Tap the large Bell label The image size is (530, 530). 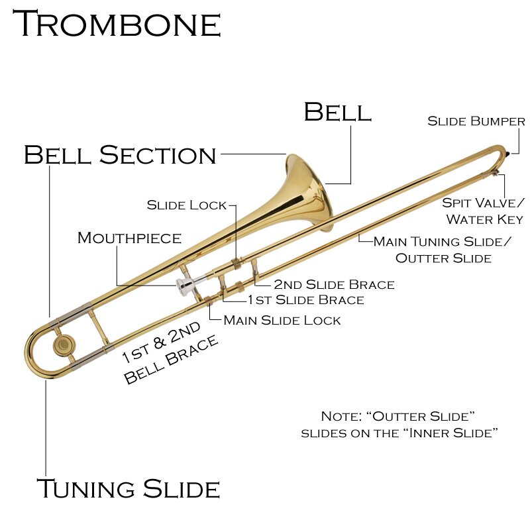click(x=337, y=112)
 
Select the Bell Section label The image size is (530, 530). click(x=120, y=155)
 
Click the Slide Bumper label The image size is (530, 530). click(x=476, y=121)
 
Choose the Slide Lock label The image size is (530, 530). click(x=187, y=205)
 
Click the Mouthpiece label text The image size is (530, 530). click(x=129, y=237)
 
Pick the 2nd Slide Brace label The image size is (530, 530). click(x=334, y=285)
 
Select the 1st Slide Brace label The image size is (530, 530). click(x=305, y=300)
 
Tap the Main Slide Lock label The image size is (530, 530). click(x=282, y=321)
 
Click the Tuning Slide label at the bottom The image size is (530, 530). click(x=128, y=489)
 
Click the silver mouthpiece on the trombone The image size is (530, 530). click(x=187, y=286)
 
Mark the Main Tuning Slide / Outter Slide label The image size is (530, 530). click(x=443, y=250)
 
